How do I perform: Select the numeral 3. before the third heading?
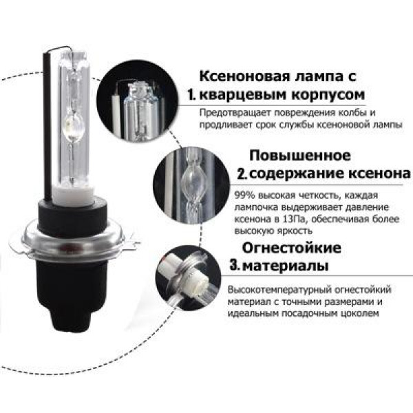[x=234, y=265]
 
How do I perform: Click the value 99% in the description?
[x=244, y=195]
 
